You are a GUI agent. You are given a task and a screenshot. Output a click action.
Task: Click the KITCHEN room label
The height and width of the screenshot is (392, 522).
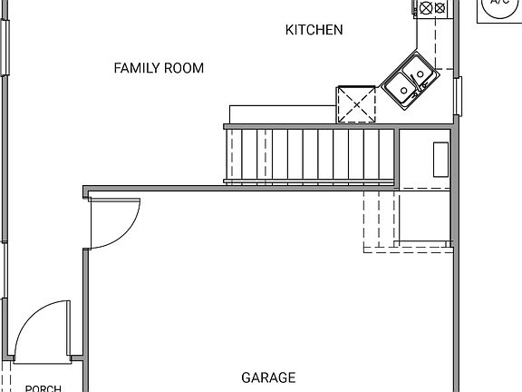point(314,30)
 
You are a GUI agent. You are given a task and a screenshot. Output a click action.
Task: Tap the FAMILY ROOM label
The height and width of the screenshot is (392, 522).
point(159,68)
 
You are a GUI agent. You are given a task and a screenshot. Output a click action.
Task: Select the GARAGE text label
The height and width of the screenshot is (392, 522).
point(268,377)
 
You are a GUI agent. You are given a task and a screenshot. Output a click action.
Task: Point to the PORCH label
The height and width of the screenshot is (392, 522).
point(43,388)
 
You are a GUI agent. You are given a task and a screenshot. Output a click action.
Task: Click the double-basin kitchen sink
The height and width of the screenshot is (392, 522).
point(410,79)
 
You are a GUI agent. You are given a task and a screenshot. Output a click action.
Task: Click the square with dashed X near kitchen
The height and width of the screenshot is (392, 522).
point(356,103)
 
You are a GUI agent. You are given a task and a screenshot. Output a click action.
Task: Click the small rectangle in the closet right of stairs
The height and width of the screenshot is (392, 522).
point(441,160)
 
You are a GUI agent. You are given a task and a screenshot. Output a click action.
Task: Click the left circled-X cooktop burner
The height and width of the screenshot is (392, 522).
point(426,8)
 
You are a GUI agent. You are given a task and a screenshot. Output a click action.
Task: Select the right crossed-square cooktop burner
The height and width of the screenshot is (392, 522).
point(440,8)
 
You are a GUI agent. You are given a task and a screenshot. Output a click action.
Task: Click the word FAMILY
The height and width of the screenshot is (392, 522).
point(137,68)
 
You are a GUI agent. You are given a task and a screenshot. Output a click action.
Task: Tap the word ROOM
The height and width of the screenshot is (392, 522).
point(185,68)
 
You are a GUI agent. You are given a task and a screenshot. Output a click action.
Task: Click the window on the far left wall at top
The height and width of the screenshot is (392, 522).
point(5,45)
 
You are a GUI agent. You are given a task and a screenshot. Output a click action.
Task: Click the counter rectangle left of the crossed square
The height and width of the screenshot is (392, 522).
point(282,113)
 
